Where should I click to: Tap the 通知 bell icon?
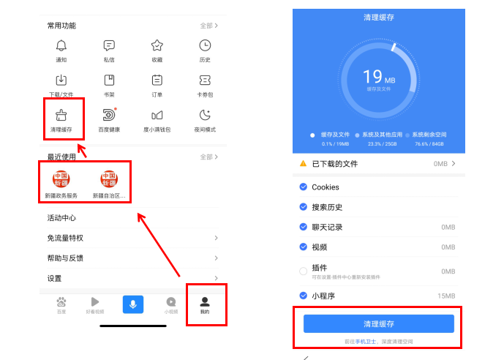coord(61,45)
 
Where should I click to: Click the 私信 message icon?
coord(109,45)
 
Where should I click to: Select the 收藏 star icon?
coord(157,45)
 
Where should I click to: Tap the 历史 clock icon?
coord(205,45)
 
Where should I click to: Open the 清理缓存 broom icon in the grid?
coord(61,115)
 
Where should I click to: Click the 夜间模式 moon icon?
coord(205,115)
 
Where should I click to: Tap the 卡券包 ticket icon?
coord(205,80)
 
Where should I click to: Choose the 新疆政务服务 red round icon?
coord(61,179)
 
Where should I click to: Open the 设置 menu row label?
coord(54,278)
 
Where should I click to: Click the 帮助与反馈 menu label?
coord(65,258)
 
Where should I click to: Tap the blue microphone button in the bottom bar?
coord(132,304)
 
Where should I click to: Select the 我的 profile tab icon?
coord(205,301)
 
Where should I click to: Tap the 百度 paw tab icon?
coord(61,301)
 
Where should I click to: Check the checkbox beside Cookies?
coord(304,187)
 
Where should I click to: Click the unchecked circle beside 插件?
coord(304,271)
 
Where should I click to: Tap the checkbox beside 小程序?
coord(304,296)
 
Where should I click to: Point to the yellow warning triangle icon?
coord(304,163)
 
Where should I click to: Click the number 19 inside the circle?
coord(373,76)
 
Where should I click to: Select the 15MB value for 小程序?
coord(446,296)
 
